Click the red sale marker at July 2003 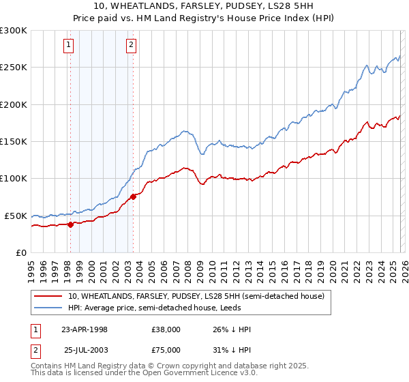(x=133, y=196)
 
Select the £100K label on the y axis (x=14, y=179)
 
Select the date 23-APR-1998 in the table (x=85, y=329)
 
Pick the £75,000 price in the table (x=166, y=350)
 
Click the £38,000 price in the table (x=166, y=329)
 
